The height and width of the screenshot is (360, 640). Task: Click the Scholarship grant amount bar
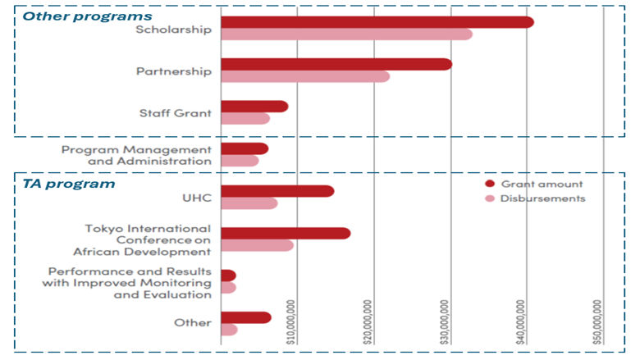(x=377, y=22)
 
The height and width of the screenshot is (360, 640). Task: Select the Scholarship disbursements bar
(x=346, y=34)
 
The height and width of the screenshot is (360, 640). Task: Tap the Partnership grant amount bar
(x=336, y=64)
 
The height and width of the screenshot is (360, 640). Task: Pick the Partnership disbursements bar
(x=305, y=76)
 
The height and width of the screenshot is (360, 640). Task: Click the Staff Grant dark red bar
(x=254, y=106)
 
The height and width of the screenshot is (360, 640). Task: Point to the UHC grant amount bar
(x=277, y=191)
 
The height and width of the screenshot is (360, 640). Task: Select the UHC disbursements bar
(x=249, y=203)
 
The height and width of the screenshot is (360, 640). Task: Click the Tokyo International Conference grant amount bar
(x=286, y=233)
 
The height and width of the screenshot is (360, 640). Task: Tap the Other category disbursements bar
(x=230, y=330)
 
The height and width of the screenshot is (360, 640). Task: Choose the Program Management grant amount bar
(x=245, y=148)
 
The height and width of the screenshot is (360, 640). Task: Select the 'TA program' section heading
(x=68, y=184)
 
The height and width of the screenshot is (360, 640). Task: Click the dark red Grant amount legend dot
(x=490, y=184)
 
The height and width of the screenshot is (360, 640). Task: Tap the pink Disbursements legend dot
(x=490, y=198)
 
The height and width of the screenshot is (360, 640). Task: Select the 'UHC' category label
(x=197, y=198)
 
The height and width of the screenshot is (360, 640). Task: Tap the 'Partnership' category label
(x=173, y=71)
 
